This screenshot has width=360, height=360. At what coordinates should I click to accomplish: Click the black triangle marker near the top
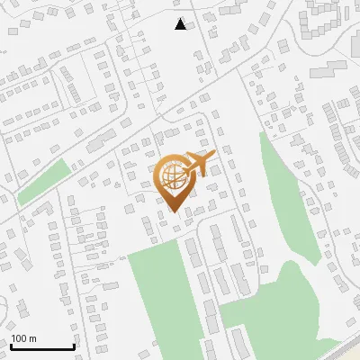(181, 24)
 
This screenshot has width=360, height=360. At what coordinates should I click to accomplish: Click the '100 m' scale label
(23, 338)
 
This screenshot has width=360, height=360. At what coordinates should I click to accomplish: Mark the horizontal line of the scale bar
(42, 346)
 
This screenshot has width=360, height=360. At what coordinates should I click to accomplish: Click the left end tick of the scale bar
(11, 345)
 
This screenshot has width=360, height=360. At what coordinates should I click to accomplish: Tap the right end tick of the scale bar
(74, 345)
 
